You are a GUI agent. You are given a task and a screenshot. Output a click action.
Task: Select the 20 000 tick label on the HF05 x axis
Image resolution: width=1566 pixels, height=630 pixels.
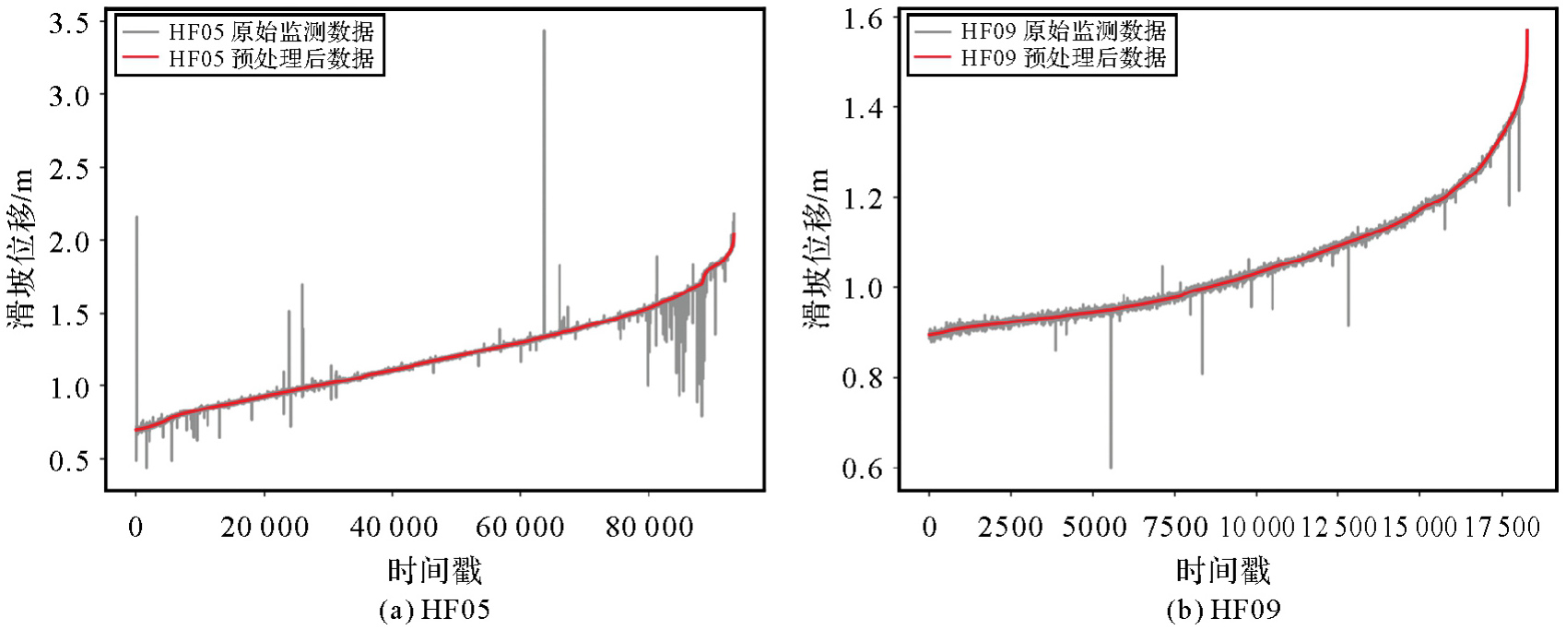264,527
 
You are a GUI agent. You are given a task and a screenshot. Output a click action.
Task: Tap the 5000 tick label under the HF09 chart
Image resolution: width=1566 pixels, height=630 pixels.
1092,527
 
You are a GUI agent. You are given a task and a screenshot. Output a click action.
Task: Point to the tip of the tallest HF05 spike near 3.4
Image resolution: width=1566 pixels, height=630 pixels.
544,30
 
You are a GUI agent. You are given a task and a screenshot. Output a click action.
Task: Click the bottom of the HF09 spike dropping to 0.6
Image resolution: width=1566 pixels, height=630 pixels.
1111,468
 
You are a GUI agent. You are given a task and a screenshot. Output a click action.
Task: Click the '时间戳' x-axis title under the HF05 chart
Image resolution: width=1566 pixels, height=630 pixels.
434,571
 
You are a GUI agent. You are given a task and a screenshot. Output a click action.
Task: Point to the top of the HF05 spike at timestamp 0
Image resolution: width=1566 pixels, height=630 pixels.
136,217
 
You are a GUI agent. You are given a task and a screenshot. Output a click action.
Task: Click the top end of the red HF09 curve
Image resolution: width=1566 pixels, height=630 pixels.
1527,30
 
